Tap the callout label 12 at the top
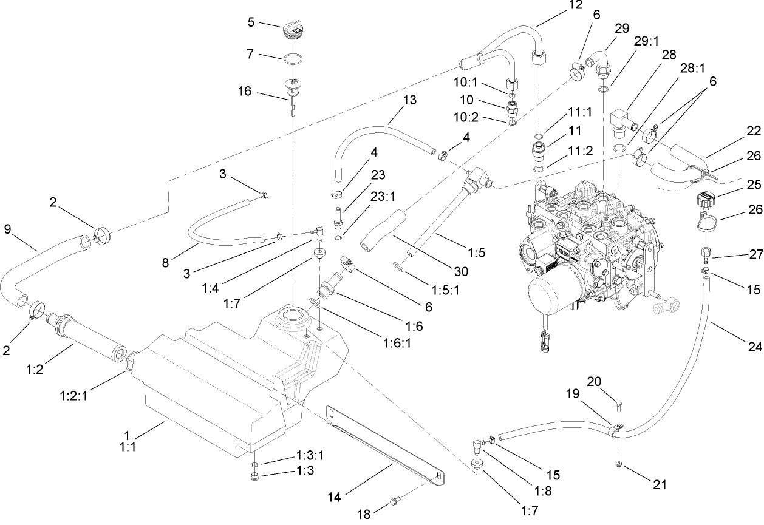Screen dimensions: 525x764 click(575, 5)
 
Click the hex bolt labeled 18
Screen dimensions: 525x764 click(394, 503)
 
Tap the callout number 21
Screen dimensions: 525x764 click(660, 484)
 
